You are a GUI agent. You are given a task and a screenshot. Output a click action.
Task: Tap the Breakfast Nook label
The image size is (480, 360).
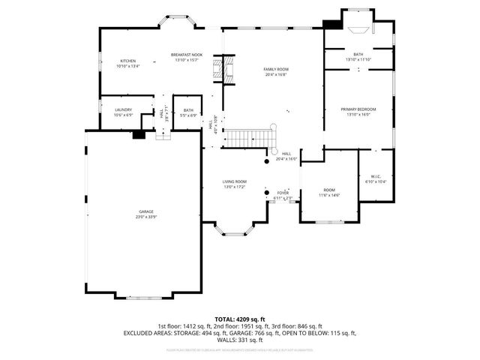[x=187, y=55]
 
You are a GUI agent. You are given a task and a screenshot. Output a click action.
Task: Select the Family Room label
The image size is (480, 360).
[x=275, y=69]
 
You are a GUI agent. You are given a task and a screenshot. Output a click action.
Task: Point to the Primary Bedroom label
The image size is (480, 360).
[x=358, y=109]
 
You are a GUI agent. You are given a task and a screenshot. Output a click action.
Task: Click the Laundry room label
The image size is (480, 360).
[x=123, y=109]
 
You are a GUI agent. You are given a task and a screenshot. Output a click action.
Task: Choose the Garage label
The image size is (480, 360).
[x=145, y=211]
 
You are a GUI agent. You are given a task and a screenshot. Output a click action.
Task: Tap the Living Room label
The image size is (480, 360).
[x=234, y=181]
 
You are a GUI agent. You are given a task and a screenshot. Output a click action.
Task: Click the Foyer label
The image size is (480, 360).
[x=283, y=193]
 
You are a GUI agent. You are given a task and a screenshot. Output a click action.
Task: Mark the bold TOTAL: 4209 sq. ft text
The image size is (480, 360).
[x=239, y=319]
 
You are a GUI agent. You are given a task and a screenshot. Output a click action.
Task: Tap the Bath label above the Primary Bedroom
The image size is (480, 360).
[x=358, y=54]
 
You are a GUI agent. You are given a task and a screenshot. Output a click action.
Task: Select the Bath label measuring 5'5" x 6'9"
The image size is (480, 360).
[x=187, y=109]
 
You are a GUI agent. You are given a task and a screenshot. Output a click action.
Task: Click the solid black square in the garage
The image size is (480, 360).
[x=138, y=135]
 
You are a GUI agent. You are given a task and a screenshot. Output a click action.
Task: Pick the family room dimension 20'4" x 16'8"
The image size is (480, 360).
[x=275, y=74]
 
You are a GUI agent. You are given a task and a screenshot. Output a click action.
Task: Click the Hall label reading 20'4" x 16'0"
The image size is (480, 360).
[x=286, y=155]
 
